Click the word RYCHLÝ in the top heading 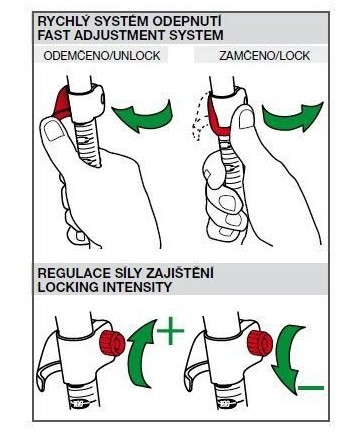click(57, 22)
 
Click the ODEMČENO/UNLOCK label click(102, 56)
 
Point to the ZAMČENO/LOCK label click(265, 56)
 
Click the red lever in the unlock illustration click(63, 103)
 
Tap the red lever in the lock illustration click(217, 117)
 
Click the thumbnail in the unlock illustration click(54, 130)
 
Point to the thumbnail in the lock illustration click(247, 119)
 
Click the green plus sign click(170, 330)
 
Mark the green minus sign click(311, 388)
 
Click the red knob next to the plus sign click(113, 343)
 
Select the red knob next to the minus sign click(260, 343)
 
